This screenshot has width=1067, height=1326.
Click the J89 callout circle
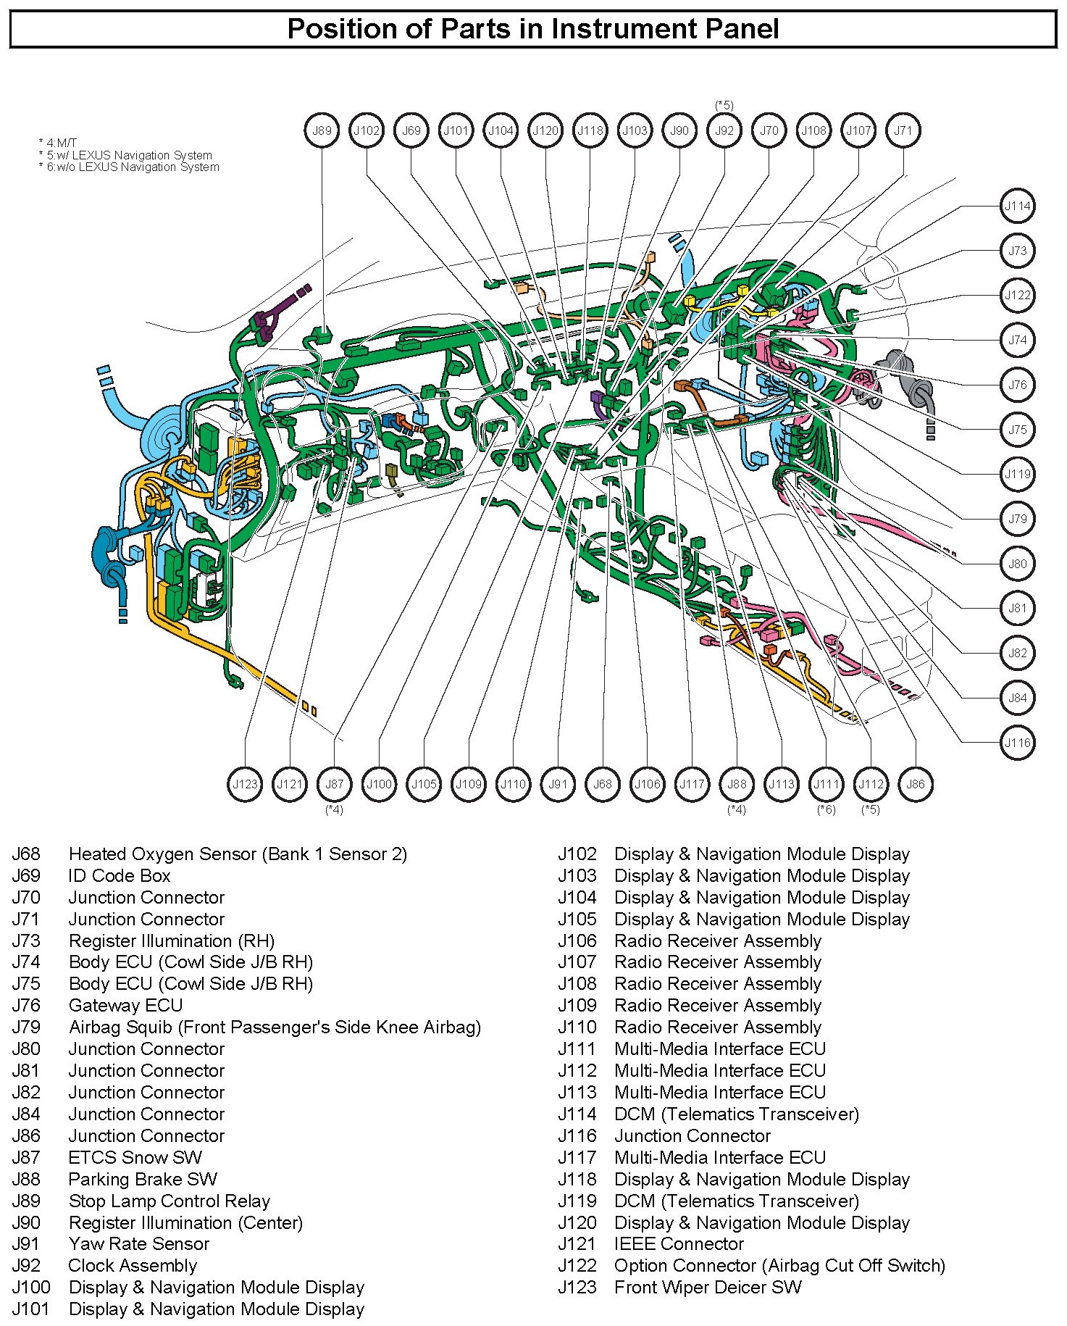pos(322,131)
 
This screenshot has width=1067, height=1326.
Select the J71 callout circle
pos(903,131)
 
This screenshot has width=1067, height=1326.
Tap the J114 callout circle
pos(1017,207)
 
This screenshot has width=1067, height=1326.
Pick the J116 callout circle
pos(1017,743)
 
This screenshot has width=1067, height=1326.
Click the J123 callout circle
pos(245,784)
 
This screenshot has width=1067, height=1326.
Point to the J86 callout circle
pos(916,784)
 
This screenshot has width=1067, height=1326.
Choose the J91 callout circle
pos(558,784)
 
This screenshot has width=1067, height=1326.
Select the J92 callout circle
pos(724,131)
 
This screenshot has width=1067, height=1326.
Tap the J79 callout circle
pos(1017,519)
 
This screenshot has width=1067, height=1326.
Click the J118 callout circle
pos(590,131)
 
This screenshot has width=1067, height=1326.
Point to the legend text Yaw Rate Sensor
pos(138,1244)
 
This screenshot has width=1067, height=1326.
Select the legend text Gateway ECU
pos(125,1006)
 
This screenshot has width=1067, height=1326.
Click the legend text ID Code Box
pos(119,876)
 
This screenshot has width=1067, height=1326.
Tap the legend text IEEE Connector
pos(679,1244)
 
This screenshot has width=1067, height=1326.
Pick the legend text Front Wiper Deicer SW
pos(708,1288)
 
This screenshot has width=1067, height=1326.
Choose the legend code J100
pos(31,1288)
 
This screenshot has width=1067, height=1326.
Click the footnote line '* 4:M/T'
pos(57,143)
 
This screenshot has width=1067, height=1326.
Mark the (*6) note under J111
pos(826,809)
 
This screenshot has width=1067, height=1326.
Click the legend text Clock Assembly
pos(133,1266)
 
